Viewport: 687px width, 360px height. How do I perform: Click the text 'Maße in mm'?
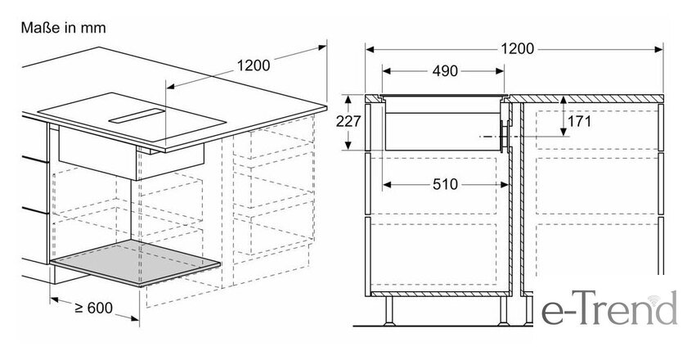pos(64,28)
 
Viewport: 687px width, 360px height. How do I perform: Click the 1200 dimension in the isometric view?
pos(254,65)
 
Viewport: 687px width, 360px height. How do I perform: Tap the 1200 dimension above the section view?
pos(518,48)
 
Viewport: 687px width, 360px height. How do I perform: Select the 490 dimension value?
pos(445,71)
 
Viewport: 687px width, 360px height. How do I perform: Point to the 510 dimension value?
pos(445,184)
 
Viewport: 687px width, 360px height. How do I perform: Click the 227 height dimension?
pos(348,121)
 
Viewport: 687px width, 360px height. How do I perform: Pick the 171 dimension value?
pos(580,121)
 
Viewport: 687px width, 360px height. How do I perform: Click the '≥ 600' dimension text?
pos(94,308)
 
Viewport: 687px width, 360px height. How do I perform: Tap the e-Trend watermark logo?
pos(610,308)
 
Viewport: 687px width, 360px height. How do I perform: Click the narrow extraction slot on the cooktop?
pos(137,115)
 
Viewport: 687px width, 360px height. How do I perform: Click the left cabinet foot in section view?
pos(389,311)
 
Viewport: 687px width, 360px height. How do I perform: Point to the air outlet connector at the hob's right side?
pos(504,137)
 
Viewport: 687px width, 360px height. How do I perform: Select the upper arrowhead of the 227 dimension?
pos(348,100)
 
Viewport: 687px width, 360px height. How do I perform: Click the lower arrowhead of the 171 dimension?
pos(564,132)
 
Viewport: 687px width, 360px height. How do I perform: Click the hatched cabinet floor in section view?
pos(439,294)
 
